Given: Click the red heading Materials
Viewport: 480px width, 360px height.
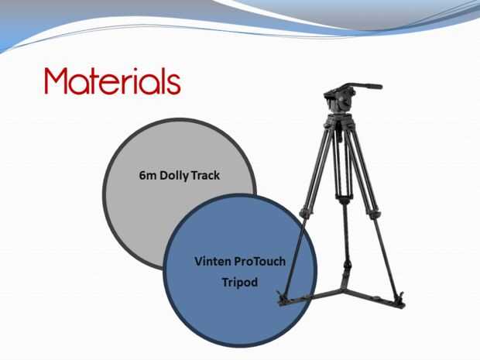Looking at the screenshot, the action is click(x=113, y=81).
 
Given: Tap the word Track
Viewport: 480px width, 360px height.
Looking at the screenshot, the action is click(x=205, y=176).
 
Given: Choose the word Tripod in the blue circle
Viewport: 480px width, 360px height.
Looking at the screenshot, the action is click(x=240, y=283).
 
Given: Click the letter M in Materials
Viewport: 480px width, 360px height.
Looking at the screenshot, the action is click(x=56, y=81).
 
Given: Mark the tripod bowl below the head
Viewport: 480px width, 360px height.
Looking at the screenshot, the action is click(x=341, y=118).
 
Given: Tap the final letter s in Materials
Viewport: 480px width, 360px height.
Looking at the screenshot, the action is click(x=174, y=85).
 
